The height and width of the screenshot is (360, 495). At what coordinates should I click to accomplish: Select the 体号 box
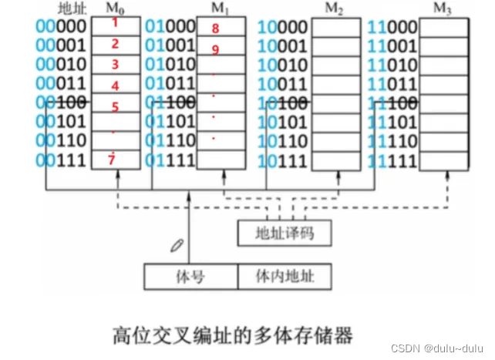(x=190, y=275)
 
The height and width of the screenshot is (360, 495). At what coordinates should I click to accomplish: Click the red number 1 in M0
(x=115, y=23)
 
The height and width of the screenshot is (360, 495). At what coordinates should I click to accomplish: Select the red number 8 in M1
(x=215, y=29)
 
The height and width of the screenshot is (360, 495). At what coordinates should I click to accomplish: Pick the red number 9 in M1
(x=215, y=49)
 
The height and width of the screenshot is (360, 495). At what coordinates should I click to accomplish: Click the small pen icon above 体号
(x=177, y=246)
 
